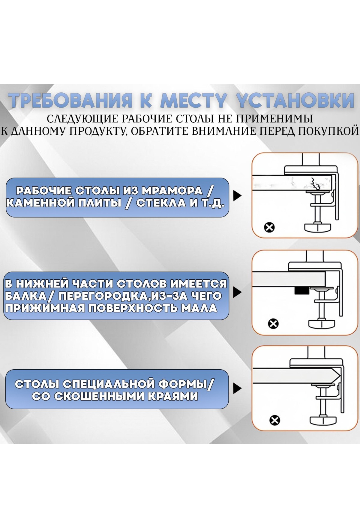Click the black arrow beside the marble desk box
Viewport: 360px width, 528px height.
click(237, 196)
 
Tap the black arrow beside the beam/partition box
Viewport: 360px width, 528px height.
click(237, 292)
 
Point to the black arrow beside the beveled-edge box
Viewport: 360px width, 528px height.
click(237, 389)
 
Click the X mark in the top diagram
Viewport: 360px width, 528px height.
click(269, 227)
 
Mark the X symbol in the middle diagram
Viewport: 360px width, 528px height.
click(273, 324)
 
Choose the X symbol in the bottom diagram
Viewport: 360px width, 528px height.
click(275, 420)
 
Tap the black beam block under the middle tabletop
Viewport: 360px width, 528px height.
click(301, 290)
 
